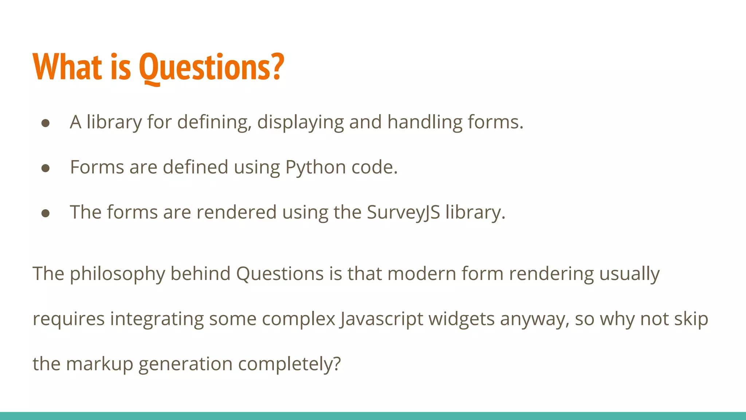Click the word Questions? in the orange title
point(211,67)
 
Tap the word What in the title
point(67,67)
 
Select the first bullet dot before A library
point(46,123)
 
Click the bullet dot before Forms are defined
point(46,168)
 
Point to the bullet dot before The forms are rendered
point(46,213)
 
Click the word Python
point(315,168)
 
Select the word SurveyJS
point(403,213)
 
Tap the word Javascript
point(381,319)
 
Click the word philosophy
point(117,274)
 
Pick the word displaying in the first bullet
point(301,122)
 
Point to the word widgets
point(462,319)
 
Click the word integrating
point(157,319)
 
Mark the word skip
point(691,319)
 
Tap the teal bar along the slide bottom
point(373,416)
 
